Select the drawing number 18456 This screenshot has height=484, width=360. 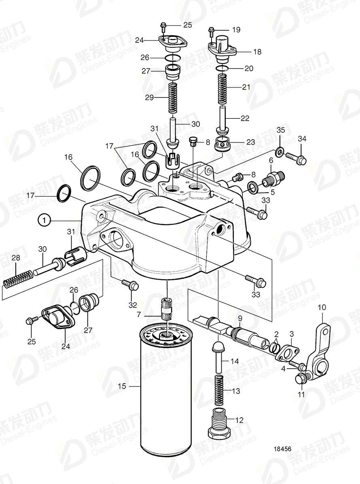point(282,449)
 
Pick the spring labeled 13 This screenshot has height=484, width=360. point(218,390)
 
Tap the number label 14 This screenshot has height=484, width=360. point(235,361)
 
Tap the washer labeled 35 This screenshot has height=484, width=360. point(279,153)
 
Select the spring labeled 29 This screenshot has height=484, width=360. point(173,98)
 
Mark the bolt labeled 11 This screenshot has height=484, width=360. point(301,378)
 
